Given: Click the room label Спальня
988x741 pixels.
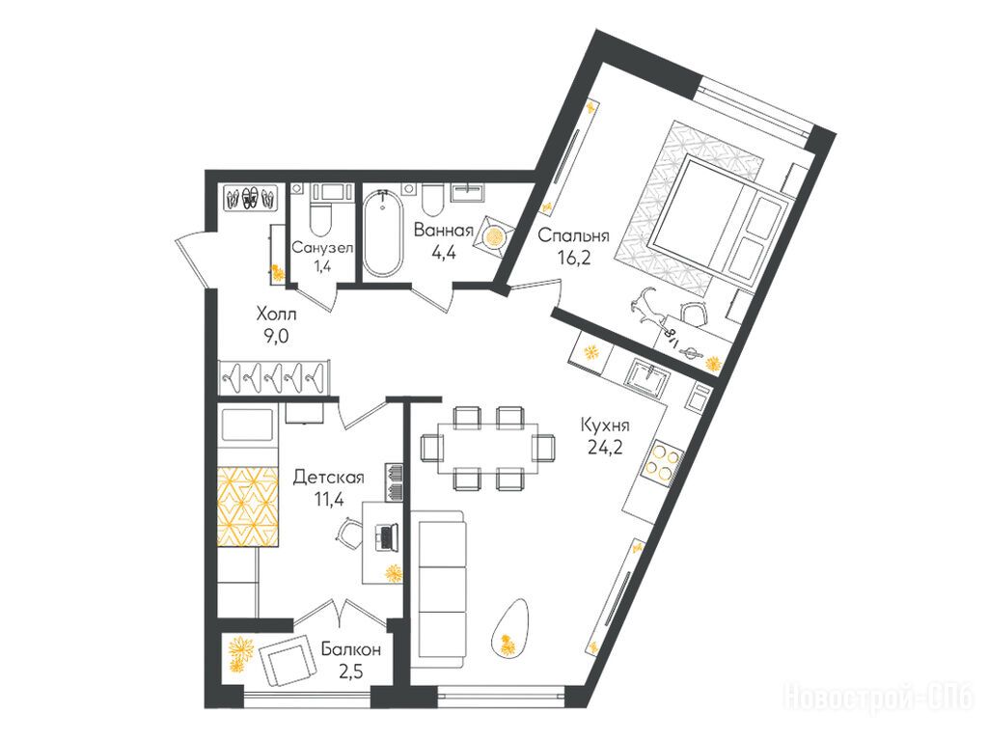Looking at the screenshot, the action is [573, 236].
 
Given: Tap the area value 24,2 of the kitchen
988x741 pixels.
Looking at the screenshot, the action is [605, 447].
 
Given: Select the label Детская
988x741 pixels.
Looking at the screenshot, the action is [329, 478].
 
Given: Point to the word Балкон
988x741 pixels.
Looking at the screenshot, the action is [350, 649].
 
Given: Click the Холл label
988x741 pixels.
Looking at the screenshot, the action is [276, 314].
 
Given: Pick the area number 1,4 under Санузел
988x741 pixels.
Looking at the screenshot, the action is [321, 265].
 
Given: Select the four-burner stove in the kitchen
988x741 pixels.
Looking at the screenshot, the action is [662, 463].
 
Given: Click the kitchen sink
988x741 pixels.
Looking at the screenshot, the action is [647, 378].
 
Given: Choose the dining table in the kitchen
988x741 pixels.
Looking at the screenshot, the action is [488, 448].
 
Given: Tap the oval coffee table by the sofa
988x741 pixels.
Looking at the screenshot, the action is [509, 629].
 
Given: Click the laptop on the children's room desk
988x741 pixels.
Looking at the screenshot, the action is [386, 536].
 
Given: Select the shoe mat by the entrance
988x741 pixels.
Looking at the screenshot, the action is [252, 198].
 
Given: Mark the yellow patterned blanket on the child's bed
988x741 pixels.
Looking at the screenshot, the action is [248, 506].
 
